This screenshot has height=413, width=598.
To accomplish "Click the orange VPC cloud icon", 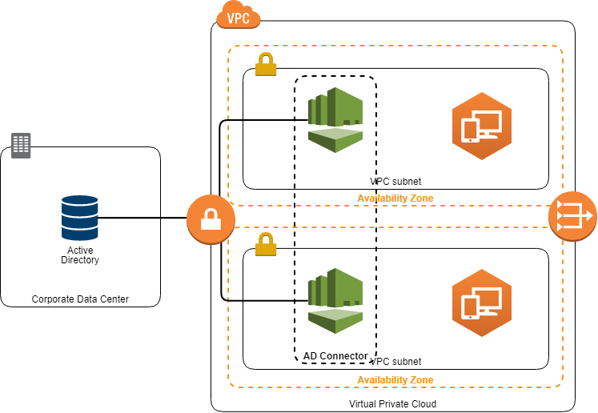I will (x=239, y=15).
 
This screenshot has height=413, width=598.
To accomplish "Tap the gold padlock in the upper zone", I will (x=266, y=65).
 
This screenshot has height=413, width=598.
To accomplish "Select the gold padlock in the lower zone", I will (x=266, y=244).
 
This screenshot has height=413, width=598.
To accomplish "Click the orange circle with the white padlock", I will (x=211, y=219).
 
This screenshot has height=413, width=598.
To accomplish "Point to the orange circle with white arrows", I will (x=572, y=215).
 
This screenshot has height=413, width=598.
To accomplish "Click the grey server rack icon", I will (x=21, y=146).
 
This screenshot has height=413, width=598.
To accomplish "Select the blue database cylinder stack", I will (x=80, y=218).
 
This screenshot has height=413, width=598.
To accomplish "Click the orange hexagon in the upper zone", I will (x=481, y=126).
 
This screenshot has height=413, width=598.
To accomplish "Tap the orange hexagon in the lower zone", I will (x=481, y=303).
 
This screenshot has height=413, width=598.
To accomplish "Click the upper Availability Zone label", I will (x=395, y=198).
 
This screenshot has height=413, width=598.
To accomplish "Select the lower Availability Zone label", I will (x=395, y=379).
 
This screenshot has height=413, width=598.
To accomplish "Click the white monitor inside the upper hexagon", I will (x=488, y=122).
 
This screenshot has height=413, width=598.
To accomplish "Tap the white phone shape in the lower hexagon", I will (x=471, y=307).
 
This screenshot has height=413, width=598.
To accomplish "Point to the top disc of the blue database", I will (x=80, y=200).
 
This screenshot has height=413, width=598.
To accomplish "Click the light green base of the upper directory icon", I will (x=335, y=137).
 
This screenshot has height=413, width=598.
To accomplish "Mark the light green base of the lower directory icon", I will (x=335, y=318).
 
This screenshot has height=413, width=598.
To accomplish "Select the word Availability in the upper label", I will (x=383, y=198).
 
